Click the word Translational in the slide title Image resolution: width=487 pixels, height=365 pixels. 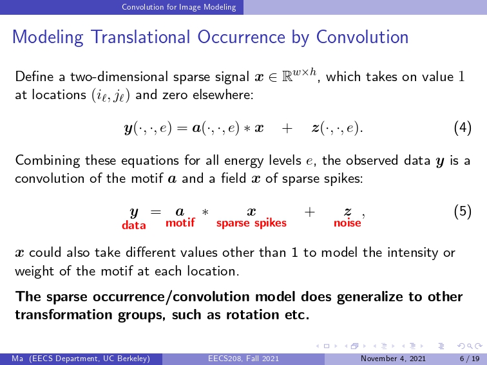coord(140,37)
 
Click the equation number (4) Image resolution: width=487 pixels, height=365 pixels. coord(463,127)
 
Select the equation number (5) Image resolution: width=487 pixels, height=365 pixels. coord(463,212)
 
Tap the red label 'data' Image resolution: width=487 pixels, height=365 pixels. coord(134,225)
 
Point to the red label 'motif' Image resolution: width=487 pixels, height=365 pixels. coord(180,222)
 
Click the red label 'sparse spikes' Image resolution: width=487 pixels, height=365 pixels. coord(251,223)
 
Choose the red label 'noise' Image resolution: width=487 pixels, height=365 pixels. coord(347,223)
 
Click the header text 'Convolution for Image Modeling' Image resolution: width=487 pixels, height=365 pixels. coord(179,7)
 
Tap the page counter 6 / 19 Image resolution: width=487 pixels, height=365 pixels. coord(470,359)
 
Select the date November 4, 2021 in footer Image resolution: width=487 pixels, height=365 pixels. coord(393,359)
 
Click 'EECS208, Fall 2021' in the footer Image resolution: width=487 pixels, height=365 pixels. coord(243,359)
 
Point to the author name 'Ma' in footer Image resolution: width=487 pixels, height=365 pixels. coord(17,359)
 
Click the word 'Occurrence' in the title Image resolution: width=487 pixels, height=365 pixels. coord(242,37)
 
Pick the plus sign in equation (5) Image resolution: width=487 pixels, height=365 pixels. coord(309,212)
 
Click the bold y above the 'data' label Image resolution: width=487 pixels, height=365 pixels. coord(134,213)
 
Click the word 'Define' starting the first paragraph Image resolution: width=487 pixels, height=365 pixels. coord(34,77)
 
